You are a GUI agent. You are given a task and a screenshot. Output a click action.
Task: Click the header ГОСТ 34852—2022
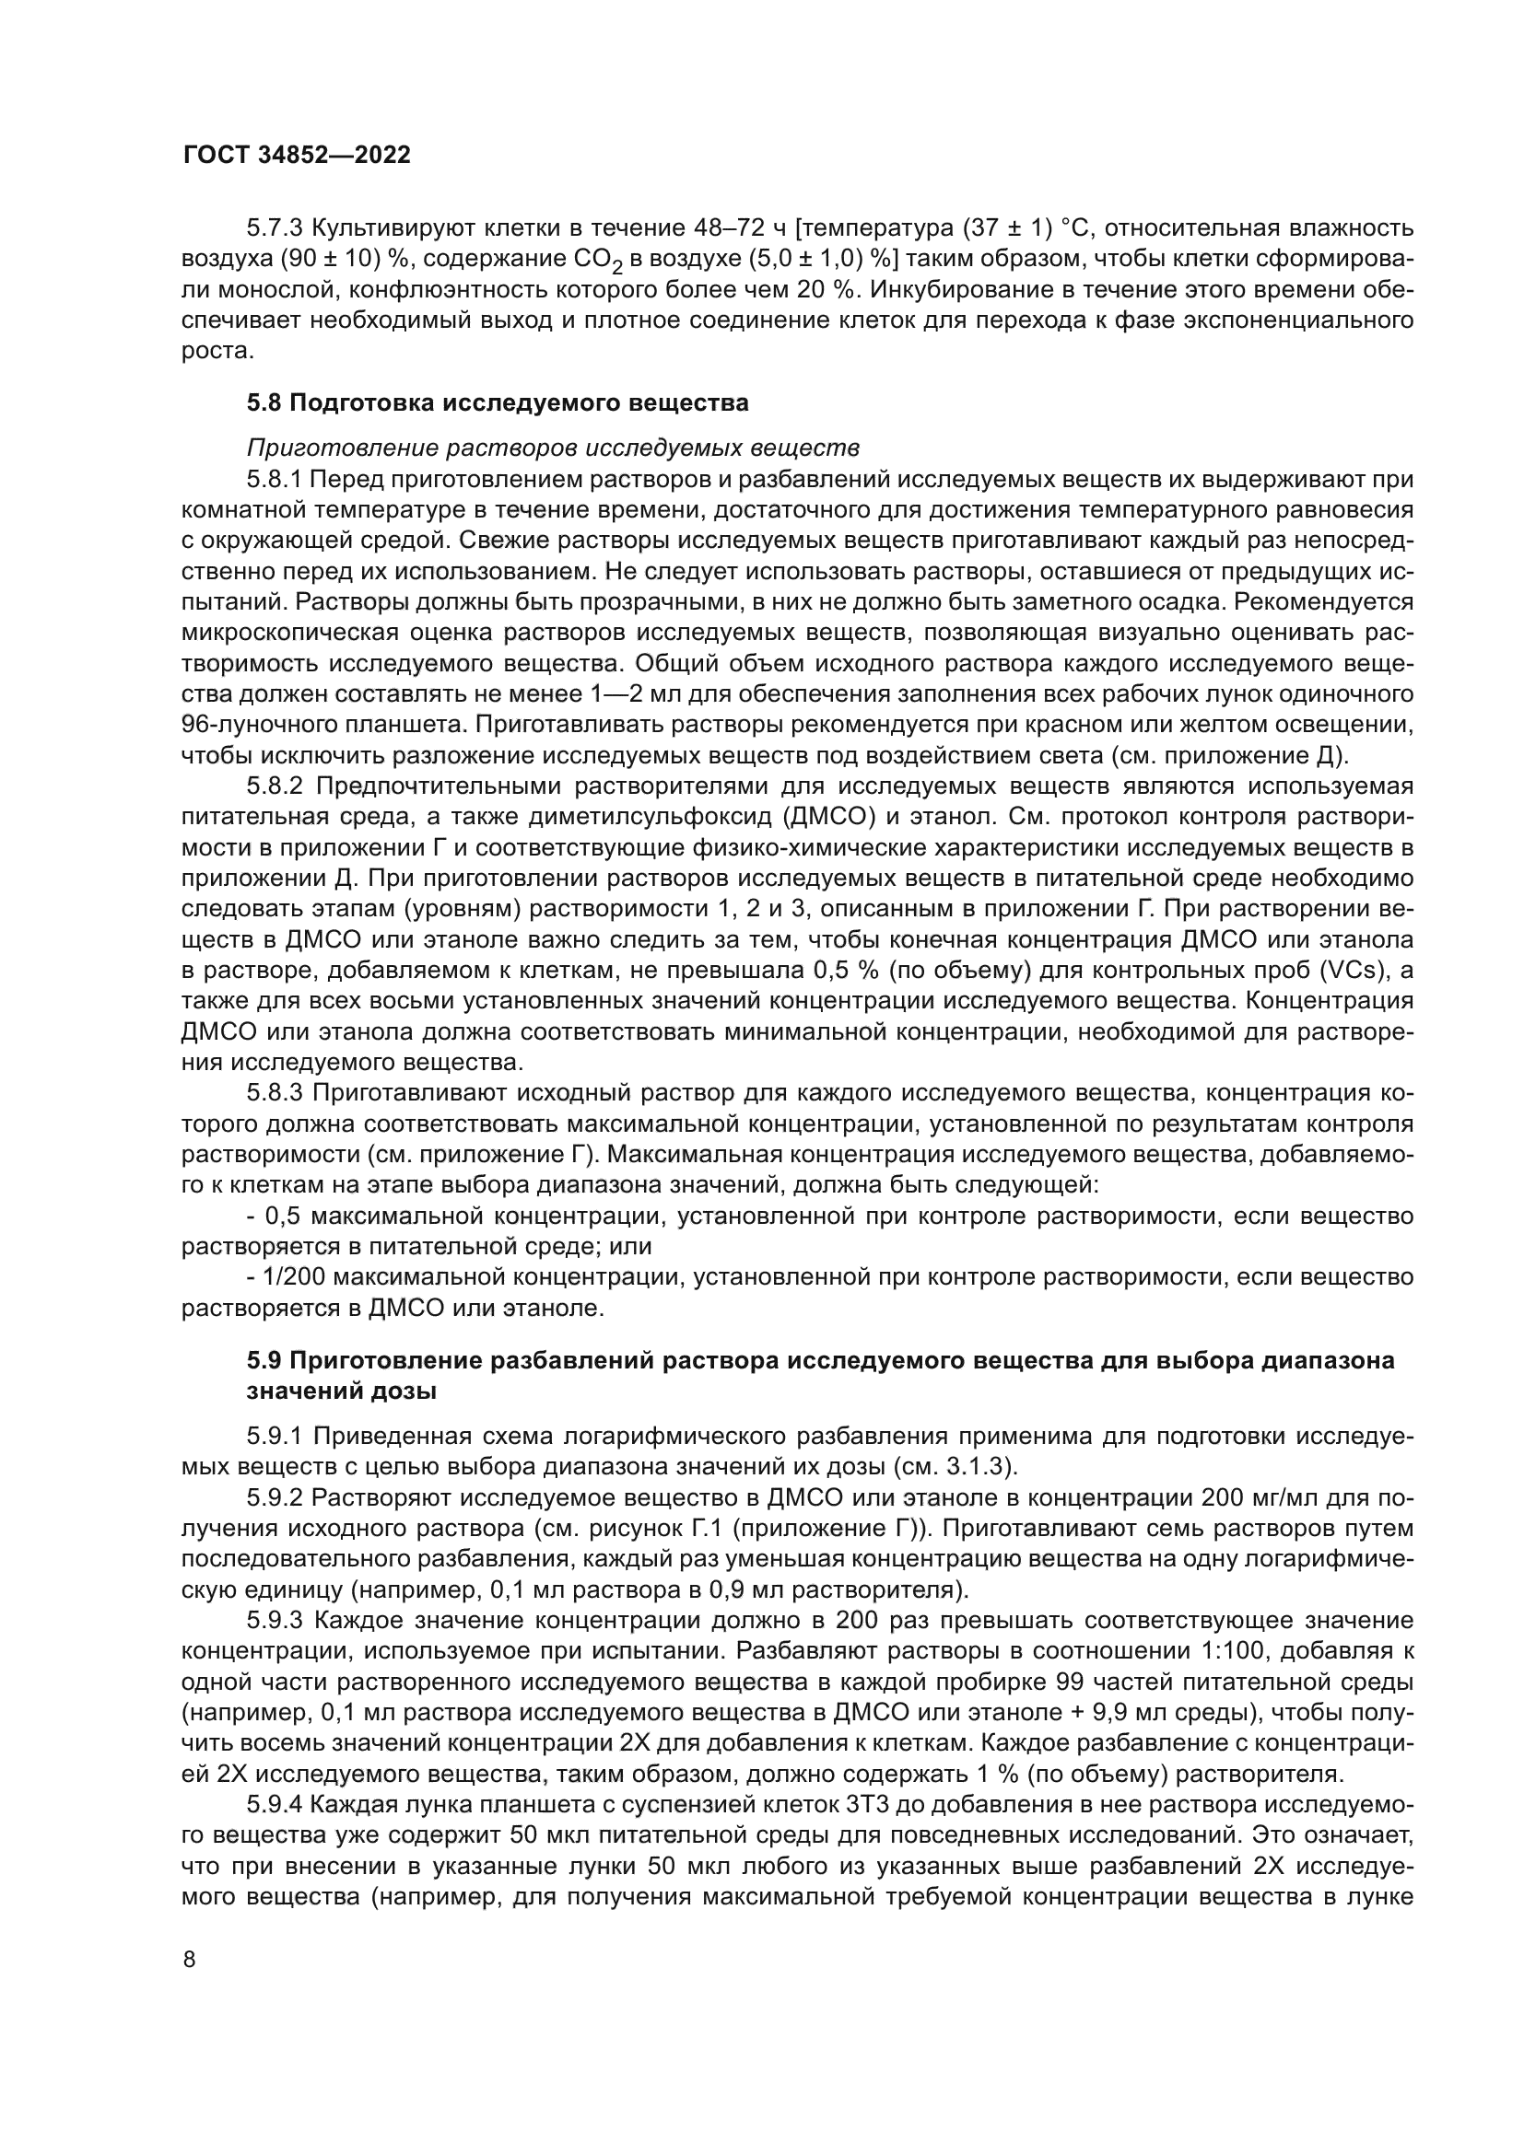297,156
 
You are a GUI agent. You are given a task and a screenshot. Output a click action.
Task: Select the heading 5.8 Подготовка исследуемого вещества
498,403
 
